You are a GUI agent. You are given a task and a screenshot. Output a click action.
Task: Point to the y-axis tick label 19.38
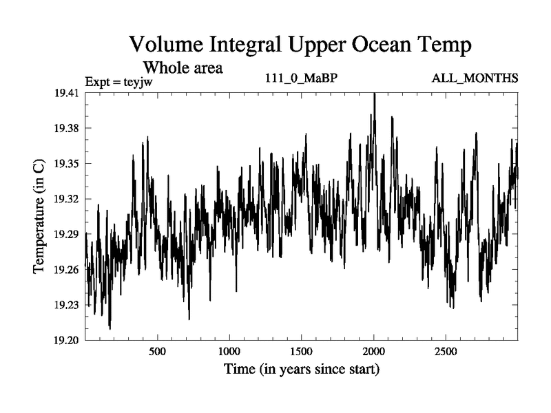(x=68, y=128)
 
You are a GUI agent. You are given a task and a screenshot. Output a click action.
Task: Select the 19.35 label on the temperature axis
(x=68, y=163)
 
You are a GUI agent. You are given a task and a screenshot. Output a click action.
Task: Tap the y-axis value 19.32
(x=68, y=199)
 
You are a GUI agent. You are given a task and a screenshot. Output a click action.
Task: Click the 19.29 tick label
(x=68, y=234)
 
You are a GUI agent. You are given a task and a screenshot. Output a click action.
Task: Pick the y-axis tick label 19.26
(x=68, y=269)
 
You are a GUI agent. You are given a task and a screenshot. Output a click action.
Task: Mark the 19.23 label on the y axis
(x=68, y=304)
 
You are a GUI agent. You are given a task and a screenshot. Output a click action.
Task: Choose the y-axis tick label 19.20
(x=68, y=340)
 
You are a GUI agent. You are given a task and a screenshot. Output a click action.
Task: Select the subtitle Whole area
(x=183, y=68)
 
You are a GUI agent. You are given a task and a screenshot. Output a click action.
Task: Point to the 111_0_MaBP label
(x=301, y=78)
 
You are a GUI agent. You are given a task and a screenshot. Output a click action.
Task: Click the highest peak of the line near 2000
(x=374, y=94)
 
